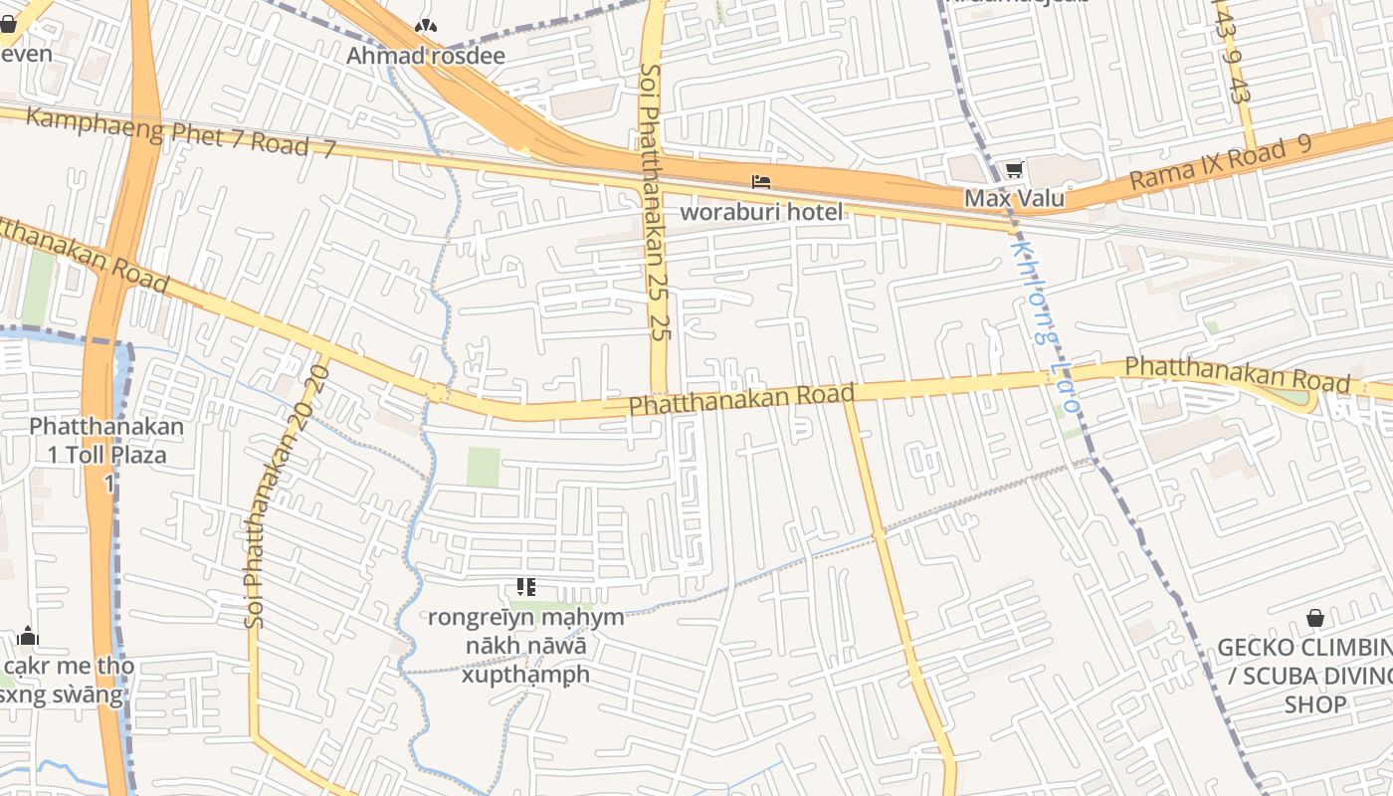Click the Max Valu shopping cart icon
tap(1014, 170)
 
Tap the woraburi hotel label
tap(761, 211)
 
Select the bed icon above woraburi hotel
tap(761, 182)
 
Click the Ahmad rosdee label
tap(425, 56)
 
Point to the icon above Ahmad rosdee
tap(425, 27)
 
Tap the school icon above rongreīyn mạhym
tap(526, 587)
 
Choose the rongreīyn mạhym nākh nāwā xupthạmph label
tap(526, 646)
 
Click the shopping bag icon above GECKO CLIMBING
tap(1315, 619)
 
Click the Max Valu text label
tap(1014, 198)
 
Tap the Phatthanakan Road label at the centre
tap(741, 400)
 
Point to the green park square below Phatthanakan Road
tap(484, 467)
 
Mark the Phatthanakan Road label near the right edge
tap(1237, 374)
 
